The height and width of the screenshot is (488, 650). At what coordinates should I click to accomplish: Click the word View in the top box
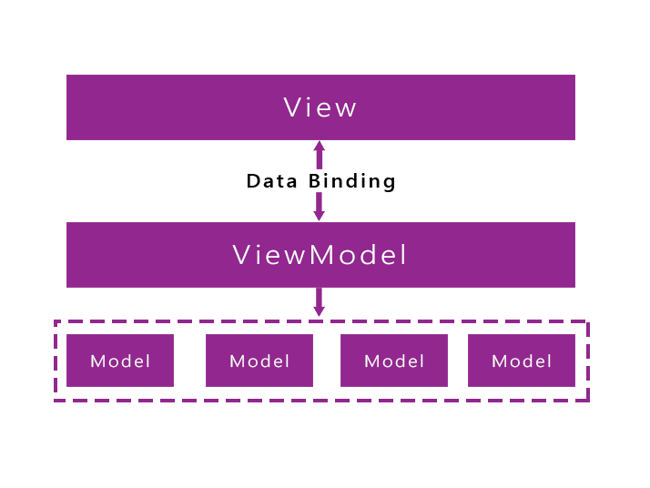click(x=320, y=107)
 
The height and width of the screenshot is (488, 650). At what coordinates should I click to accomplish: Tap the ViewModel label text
click(x=320, y=255)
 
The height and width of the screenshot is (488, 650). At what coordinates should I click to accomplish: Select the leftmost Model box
click(x=120, y=361)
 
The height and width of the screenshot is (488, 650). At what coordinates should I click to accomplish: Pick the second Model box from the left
click(x=259, y=361)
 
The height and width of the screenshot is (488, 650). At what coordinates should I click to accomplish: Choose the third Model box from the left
click(x=394, y=361)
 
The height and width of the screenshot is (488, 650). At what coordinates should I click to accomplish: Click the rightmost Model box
click(x=522, y=361)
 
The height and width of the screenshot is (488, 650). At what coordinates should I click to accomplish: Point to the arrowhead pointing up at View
click(x=319, y=146)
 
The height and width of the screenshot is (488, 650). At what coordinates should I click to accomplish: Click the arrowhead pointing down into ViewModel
click(x=319, y=216)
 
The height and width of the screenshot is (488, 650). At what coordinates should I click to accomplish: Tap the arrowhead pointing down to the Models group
click(x=319, y=311)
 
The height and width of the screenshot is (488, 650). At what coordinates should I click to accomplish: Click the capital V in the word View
click(x=292, y=107)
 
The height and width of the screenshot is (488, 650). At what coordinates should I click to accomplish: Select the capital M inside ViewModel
click(x=322, y=255)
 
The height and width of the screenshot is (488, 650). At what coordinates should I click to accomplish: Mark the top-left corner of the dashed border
click(x=56, y=321)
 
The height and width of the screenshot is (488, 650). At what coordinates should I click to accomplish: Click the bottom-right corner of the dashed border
click(x=588, y=400)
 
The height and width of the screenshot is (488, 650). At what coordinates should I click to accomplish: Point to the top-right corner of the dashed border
click(x=588, y=321)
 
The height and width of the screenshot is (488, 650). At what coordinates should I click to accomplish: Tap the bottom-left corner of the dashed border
click(x=56, y=400)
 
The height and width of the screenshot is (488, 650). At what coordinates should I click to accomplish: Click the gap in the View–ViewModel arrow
click(x=319, y=181)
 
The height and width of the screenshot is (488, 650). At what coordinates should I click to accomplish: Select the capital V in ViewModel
click(x=242, y=255)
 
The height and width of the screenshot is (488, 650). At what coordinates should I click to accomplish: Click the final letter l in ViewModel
click(x=403, y=255)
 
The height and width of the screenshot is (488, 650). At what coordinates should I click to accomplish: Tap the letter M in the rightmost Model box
click(x=498, y=361)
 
